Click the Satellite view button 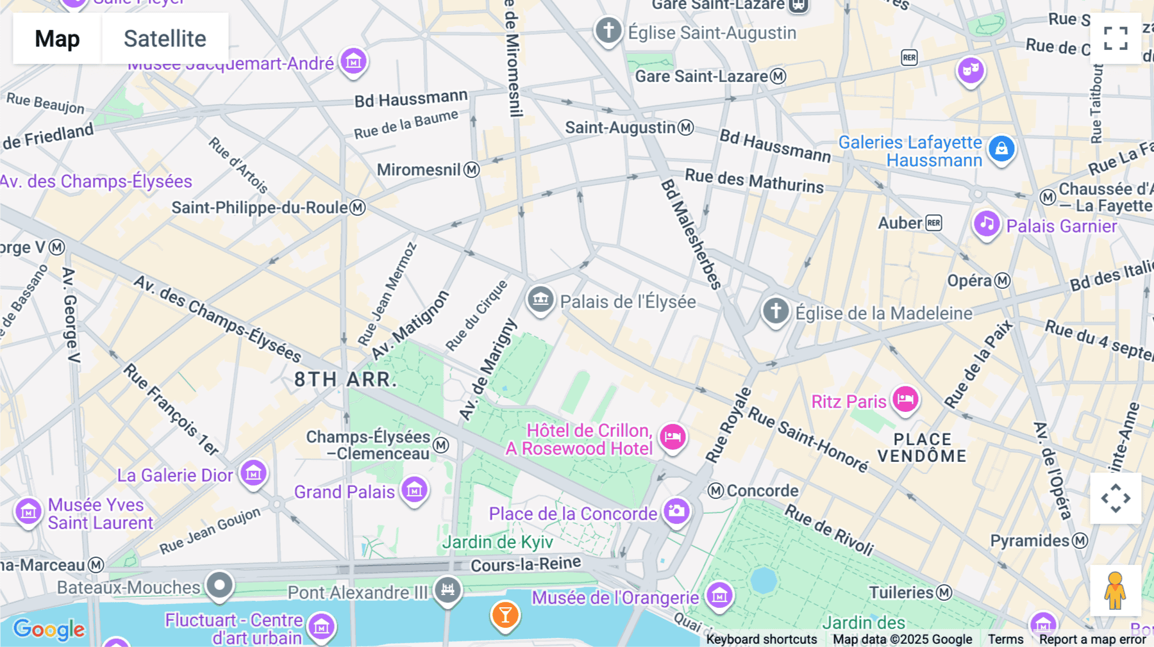pyautogui.click(x=165, y=38)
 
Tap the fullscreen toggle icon pyautogui.click(x=1116, y=38)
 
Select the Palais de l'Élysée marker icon pyautogui.click(x=540, y=299)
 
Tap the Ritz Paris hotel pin pyautogui.click(x=905, y=400)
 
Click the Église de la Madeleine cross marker pyautogui.click(x=776, y=311)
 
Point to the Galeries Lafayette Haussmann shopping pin pyautogui.click(x=1001, y=149)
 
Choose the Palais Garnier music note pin pyautogui.click(x=987, y=224)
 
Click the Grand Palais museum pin pyautogui.click(x=414, y=491)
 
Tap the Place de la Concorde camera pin pyautogui.click(x=676, y=511)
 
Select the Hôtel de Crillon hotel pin pyautogui.click(x=673, y=438)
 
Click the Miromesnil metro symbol pyautogui.click(x=472, y=170)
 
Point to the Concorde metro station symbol pyautogui.click(x=716, y=491)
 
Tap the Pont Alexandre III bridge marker pyautogui.click(x=447, y=589)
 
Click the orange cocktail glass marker pyautogui.click(x=505, y=615)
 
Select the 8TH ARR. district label pyautogui.click(x=346, y=379)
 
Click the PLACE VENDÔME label pyautogui.click(x=922, y=448)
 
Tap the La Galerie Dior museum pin pyautogui.click(x=253, y=473)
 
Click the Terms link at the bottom pyautogui.click(x=1005, y=639)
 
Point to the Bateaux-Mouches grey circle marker pyautogui.click(x=220, y=585)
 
